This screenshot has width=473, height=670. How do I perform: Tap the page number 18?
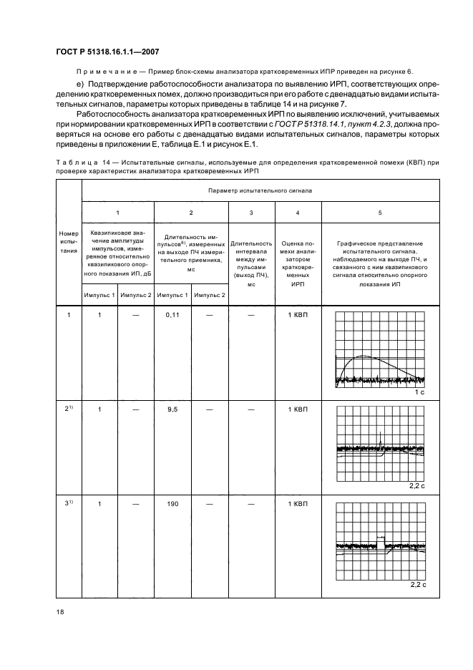point(59,610)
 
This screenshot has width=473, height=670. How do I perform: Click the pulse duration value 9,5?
point(172,409)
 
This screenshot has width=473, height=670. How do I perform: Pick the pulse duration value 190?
point(172,503)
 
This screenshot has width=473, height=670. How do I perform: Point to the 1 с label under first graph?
point(420,393)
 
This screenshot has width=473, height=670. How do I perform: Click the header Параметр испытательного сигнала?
point(260,191)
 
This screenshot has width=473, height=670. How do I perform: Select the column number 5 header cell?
point(380,213)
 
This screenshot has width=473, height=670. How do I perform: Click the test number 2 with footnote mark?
point(69,409)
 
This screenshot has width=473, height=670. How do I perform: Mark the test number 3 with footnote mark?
point(69,503)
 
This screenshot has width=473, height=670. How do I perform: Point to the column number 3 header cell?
point(250,213)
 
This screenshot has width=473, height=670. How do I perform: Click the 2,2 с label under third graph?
point(418,584)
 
